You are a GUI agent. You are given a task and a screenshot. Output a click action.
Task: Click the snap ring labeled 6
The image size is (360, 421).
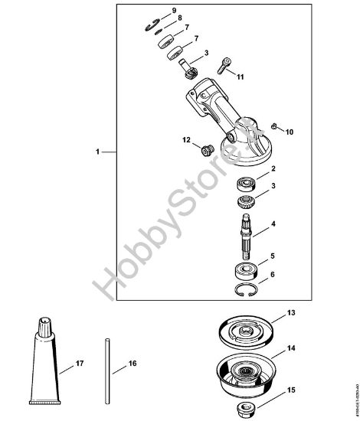click(245, 289)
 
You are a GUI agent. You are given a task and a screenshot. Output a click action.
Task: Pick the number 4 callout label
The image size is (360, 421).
click(273, 226)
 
